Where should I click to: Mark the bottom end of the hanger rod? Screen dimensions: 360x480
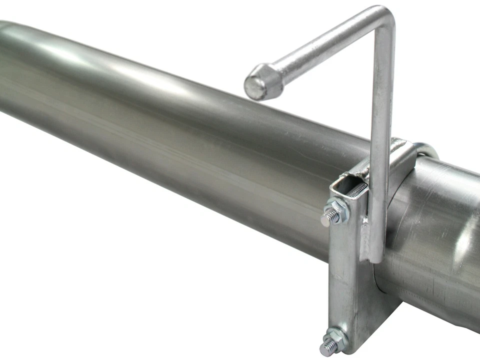tap(376, 257)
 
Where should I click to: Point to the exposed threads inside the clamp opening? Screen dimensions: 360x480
tap(357, 190)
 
